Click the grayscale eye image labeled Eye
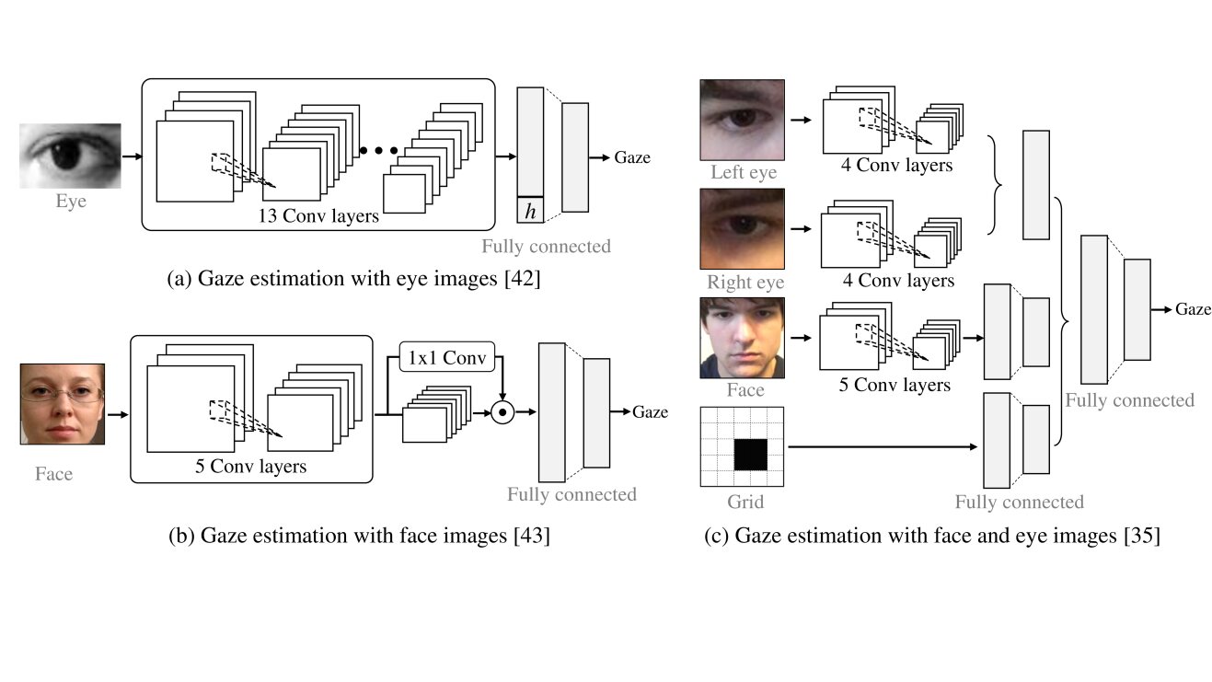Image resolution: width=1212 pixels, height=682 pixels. [71, 156]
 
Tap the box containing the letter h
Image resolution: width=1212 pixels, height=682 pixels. [530, 211]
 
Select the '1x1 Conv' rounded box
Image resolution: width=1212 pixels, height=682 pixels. [447, 356]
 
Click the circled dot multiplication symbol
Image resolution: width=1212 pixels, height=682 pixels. [502, 412]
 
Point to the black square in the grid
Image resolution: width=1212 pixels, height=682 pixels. [750, 455]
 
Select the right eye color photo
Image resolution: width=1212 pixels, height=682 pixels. [742, 228]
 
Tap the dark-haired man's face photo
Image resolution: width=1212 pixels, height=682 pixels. [742, 337]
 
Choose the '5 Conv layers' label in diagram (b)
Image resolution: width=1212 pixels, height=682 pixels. [251, 467]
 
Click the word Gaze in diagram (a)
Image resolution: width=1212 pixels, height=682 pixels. [632, 157]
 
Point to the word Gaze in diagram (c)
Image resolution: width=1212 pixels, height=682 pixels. [1193, 309]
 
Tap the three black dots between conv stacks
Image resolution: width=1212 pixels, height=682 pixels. [378, 150]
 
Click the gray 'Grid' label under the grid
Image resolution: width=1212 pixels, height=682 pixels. [745, 503]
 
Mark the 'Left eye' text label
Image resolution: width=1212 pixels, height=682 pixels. [744, 172]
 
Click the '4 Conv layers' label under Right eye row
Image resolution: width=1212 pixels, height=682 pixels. [897, 281]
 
